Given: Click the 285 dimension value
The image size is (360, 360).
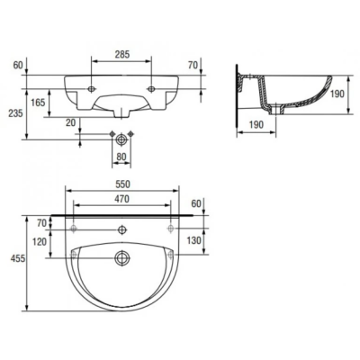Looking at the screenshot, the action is tap(121, 55).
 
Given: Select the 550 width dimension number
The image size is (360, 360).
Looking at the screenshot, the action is tap(122, 184).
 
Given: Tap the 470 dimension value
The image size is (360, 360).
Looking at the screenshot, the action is tap(121, 199).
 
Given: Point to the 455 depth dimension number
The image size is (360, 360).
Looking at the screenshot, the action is tap(18, 258).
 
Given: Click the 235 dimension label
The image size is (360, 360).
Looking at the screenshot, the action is tap(15, 113).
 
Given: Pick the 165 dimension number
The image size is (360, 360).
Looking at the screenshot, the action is tap(38, 103).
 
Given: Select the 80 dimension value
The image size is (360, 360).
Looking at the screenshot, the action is tap(121, 157).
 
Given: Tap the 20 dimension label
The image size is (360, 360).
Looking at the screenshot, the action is tap(71, 122).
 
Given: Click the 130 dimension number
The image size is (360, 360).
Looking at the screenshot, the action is tap(193, 240).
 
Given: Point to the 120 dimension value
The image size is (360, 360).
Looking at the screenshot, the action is tap(40, 241).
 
